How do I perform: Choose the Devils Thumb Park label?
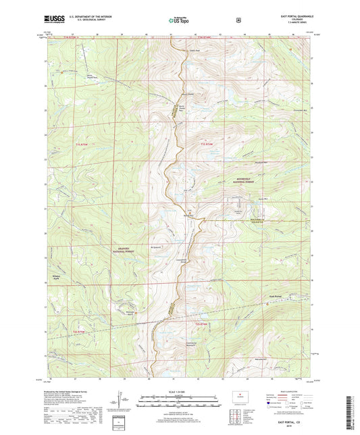(x=92, y=76)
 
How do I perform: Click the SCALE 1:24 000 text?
(x=179, y=391)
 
